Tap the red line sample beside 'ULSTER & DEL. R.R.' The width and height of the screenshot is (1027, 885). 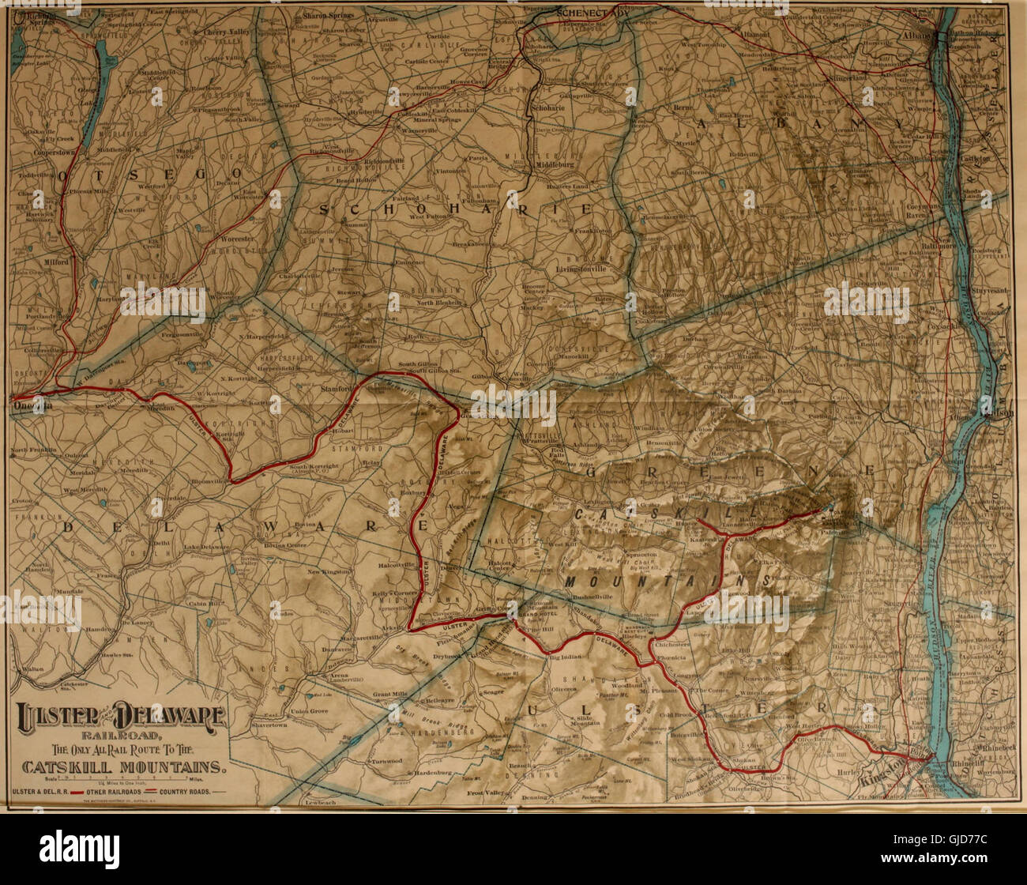pyautogui.click(x=76, y=790)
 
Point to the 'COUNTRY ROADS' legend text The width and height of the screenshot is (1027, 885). pyautogui.click(x=185, y=790)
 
